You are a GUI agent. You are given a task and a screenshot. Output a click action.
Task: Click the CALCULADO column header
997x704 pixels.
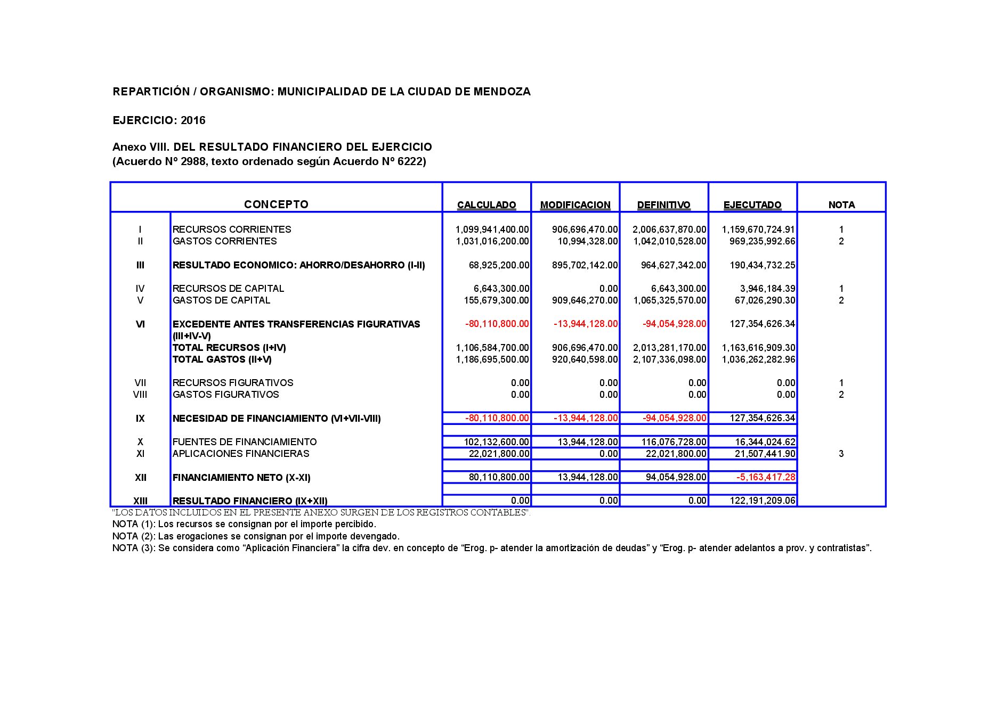(487, 205)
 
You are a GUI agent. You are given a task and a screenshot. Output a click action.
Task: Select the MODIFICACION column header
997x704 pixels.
(575, 205)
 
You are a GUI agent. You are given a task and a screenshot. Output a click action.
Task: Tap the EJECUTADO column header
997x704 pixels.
(752, 205)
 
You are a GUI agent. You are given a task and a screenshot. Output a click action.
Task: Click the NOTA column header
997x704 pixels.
(841, 205)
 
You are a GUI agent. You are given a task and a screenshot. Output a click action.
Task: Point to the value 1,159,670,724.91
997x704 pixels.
(758, 230)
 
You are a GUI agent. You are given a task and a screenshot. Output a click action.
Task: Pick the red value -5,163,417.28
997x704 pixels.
(766, 477)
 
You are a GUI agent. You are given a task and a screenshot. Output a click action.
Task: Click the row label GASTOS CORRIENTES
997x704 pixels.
(224, 241)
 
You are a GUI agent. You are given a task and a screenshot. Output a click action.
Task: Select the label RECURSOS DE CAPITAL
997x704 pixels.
(228, 289)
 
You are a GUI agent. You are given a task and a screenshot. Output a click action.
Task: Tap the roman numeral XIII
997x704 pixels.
(140, 501)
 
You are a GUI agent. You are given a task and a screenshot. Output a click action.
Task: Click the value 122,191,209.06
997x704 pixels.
(763, 501)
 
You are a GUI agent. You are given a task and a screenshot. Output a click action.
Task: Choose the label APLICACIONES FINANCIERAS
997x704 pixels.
(240, 454)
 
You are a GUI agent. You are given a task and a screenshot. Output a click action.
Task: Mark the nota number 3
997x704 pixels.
(841, 454)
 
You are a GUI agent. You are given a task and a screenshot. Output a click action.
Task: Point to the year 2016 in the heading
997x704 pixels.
(193, 120)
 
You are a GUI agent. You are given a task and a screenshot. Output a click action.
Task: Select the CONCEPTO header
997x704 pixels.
(276, 204)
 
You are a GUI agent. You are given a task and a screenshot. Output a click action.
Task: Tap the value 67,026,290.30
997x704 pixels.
(765, 300)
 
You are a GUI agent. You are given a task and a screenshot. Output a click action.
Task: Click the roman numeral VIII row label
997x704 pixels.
(140, 395)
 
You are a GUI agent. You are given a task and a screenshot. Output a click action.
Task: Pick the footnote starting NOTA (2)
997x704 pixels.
(256, 536)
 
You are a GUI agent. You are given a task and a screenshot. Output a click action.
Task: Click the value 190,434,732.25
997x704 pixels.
(762, 265)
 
